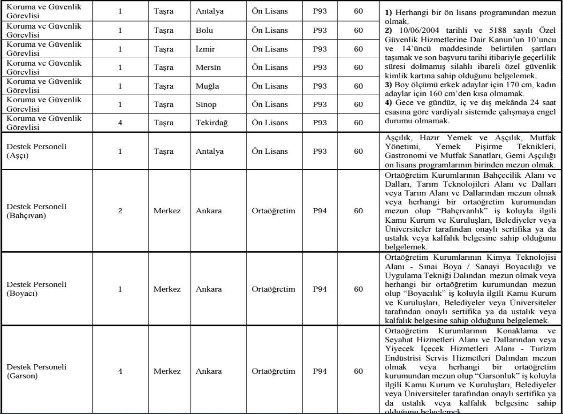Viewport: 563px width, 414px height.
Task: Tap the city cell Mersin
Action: click(207, 67)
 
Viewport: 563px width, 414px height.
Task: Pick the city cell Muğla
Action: click(206, 86)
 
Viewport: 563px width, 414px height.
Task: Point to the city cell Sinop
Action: click(205, 104)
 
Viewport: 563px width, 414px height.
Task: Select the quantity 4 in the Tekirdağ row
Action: click(120, 122)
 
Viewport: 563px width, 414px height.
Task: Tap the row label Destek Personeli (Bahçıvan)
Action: click(37, 211)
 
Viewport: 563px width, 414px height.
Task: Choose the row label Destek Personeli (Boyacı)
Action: click(37, 288)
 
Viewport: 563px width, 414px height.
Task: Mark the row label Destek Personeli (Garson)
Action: click(37, 371)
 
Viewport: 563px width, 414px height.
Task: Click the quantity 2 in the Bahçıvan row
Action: click(120, 211)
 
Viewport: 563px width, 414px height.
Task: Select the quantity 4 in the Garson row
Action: click(120, 371)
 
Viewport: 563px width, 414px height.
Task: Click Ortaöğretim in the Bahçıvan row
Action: click(274, 211)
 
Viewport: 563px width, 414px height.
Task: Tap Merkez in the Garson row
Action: click(167, 371)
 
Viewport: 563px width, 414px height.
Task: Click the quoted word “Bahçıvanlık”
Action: click(449, 218)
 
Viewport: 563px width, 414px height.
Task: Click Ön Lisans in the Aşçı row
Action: click(267, 151)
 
